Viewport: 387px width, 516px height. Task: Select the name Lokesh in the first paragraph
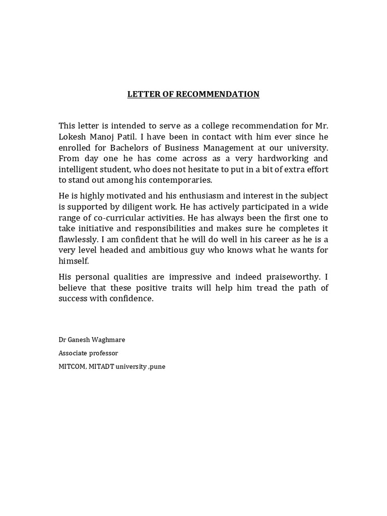[x=74, y=137]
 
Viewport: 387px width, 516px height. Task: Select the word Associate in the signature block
[x=73, y=353]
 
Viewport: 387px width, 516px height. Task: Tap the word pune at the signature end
[x=157, y=366]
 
